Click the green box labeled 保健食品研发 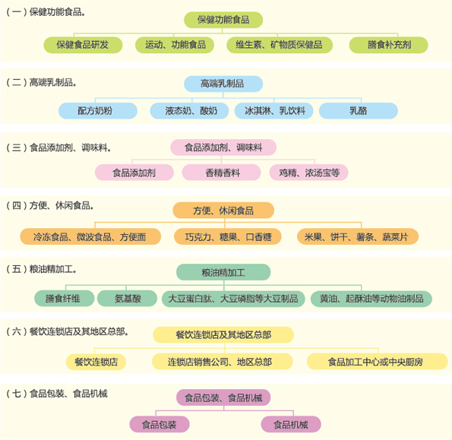tap(83, 45)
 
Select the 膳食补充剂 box tap(389, 45)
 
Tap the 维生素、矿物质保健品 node tap(280, 45)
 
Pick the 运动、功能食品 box tap(175, 45)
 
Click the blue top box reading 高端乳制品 tap(223, 84)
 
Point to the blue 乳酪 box tap(359, 111)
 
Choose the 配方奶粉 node tap(98, 111)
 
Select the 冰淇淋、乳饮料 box tap(274, 111)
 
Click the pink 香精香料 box tap(221, 173)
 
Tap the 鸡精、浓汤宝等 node tap(308, 173)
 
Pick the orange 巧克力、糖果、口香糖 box tap(228, 237)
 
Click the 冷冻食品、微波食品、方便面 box tap(90, 237)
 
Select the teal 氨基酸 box tap(127, 299)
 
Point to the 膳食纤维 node tap(65, 299)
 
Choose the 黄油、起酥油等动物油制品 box tap(371, 299)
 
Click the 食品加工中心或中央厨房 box tap(378, 362)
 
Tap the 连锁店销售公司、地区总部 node tap(223, 362)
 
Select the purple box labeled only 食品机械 tap(291, 425)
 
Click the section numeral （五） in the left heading tap(17, 269)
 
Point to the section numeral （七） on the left tap(17, 394)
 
